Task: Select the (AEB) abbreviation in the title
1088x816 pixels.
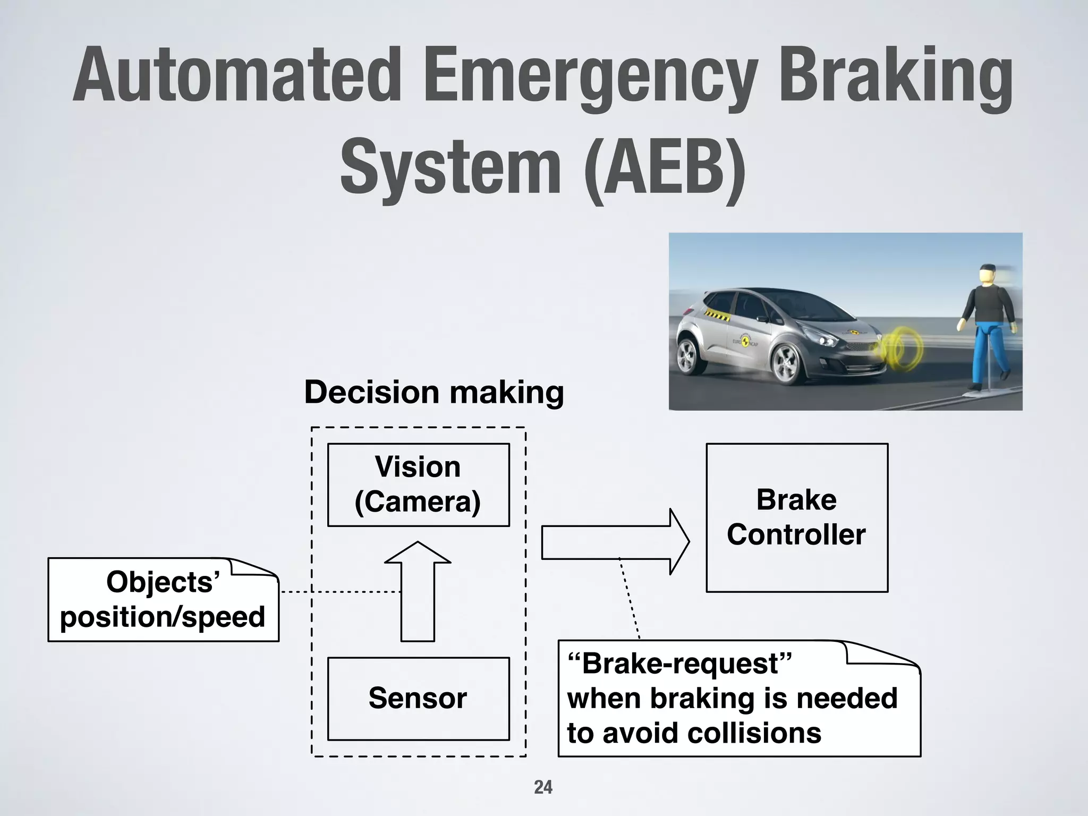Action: click(664, 166)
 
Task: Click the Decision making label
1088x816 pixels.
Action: click(433, 393)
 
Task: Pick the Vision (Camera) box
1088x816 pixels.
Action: click(418, 484)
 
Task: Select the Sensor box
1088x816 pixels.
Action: click(418, 698)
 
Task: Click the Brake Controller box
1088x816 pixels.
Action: click(796, 517)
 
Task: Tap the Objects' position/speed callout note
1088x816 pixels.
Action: click(163, 600)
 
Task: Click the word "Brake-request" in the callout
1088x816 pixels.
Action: click(679, 664)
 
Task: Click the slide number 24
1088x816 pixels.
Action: click(543, 787)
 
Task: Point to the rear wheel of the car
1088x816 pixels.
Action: click(689, 356)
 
